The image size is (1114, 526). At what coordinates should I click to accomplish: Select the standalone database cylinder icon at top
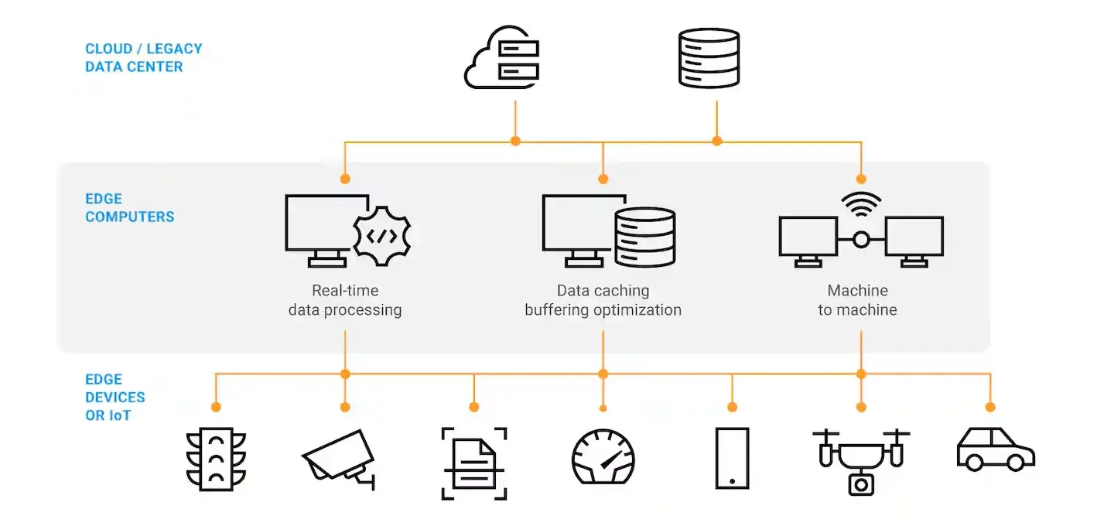point(709,58)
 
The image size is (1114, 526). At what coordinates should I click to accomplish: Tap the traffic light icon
point(216,459)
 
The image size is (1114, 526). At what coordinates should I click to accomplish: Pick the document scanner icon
point(474,463)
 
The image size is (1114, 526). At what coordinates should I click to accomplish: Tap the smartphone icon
point(732,458)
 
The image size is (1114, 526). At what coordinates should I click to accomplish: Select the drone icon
point(860,460)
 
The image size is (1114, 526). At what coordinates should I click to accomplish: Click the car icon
point(995,449)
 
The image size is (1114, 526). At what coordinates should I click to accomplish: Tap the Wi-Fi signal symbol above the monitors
point(861,203)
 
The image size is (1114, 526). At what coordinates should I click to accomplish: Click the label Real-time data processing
point(345,301)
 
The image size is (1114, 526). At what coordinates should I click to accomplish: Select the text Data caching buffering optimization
point(603,301)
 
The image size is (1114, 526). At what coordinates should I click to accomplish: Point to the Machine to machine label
point(857,301)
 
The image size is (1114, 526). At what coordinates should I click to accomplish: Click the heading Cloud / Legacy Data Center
point(144,58)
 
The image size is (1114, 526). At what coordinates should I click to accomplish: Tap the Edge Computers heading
point(130,208)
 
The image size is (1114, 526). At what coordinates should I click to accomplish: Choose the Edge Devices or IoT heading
point(115,398)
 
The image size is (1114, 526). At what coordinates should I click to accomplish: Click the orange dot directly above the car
point(989,407)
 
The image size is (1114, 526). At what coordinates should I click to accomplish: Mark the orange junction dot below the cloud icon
point(515,141)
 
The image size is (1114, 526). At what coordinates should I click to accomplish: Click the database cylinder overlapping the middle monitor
point(644,238)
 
